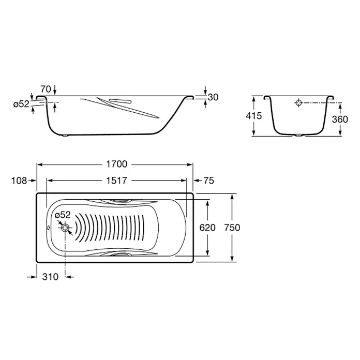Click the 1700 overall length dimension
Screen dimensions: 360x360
(x=116, y=164)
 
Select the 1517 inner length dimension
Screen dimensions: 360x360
(x=116, y=181)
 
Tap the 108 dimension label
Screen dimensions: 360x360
(x=19, y=181)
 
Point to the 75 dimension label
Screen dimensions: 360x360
(x=208, y=181)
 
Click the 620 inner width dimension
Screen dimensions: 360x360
(x=207, y=228)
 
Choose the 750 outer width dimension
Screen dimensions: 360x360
(x=232, y=228)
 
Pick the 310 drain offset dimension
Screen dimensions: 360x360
(x=50, y=277)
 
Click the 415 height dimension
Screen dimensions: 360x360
(x=253, y=116)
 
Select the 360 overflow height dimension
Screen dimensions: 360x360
(x=340, y=119)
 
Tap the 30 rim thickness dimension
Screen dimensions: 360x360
(x=213, y=97)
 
